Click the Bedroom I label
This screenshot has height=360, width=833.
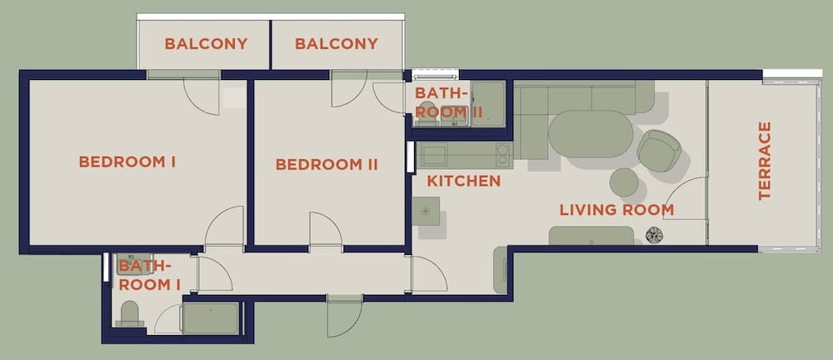127,162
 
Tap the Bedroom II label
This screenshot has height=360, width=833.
327,164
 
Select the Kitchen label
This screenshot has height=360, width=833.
464,182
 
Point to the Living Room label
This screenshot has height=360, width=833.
616,210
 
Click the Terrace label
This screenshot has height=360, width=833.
765,161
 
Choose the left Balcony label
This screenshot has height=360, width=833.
206,43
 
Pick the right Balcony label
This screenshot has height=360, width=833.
337,43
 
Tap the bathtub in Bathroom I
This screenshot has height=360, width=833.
211,318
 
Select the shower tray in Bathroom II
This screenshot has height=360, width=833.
488,103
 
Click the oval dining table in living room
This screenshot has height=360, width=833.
591,133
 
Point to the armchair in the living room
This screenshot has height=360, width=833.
659,151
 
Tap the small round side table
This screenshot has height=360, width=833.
624,182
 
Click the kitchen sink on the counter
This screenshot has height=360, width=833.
436,152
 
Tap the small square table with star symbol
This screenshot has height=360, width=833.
426,211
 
